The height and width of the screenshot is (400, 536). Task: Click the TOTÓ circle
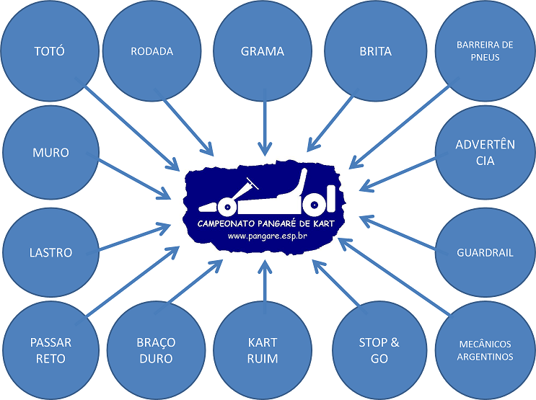point(50,51)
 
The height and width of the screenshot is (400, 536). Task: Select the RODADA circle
point(151,51)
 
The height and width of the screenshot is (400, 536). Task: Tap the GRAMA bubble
point(263,51)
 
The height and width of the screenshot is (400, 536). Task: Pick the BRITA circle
point(375,51)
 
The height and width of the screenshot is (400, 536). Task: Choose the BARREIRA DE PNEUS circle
point(485,51)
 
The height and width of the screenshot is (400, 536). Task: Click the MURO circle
point(51,152)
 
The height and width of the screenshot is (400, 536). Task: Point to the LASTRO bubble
point(51,252)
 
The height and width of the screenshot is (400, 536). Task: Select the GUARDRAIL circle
point(485,252)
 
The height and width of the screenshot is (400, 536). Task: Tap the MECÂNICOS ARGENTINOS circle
point(485,350)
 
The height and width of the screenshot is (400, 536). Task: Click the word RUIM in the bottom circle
point(263,359)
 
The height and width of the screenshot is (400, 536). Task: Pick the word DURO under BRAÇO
point(156,359)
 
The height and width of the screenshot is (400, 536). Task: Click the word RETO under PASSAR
point(50,359)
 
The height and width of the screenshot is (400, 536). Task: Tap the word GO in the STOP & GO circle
point(379,359)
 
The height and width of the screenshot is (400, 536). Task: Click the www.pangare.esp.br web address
point(268,236)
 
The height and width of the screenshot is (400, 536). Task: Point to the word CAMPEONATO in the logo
point(226,223)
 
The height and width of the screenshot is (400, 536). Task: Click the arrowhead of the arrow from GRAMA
point(265,148)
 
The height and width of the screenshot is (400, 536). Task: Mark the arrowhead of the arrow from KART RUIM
point(265,267)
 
